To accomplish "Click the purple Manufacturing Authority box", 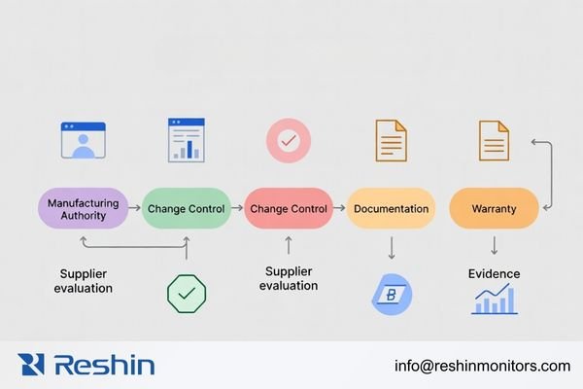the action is click(85, 208).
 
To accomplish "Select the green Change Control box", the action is click(185, 208).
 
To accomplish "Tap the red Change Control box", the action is click(288, 208).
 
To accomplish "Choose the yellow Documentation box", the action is click(391, 208).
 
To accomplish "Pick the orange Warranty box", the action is click(494, 208).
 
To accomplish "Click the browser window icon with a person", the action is click(83, 141).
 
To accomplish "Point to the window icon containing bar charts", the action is click(186, 139).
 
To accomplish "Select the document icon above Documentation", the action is click(391, 140).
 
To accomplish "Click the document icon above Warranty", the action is click(494, 140).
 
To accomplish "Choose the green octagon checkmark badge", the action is click(187, 293).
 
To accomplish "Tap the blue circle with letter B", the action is click(392, 295).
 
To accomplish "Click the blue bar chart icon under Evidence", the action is click(494, 300).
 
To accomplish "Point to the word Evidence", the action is click(494, 273).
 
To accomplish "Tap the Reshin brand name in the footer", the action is click(104, 365).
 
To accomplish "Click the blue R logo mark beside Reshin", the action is click(31, 365).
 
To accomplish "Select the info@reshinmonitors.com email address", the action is click(482, 366).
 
